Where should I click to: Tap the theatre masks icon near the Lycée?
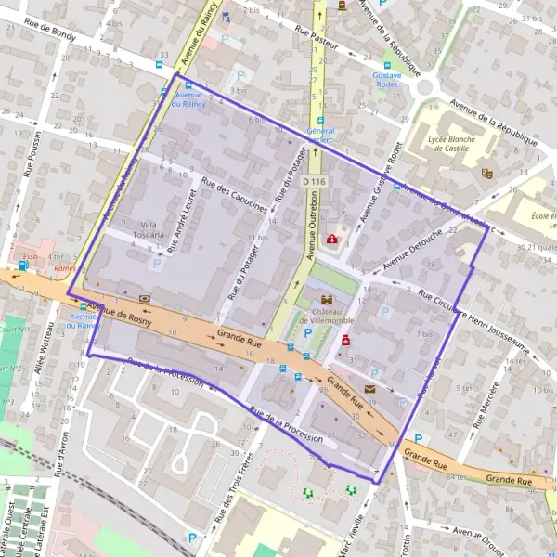click(486, 172)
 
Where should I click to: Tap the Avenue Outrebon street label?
click(312, 227)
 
